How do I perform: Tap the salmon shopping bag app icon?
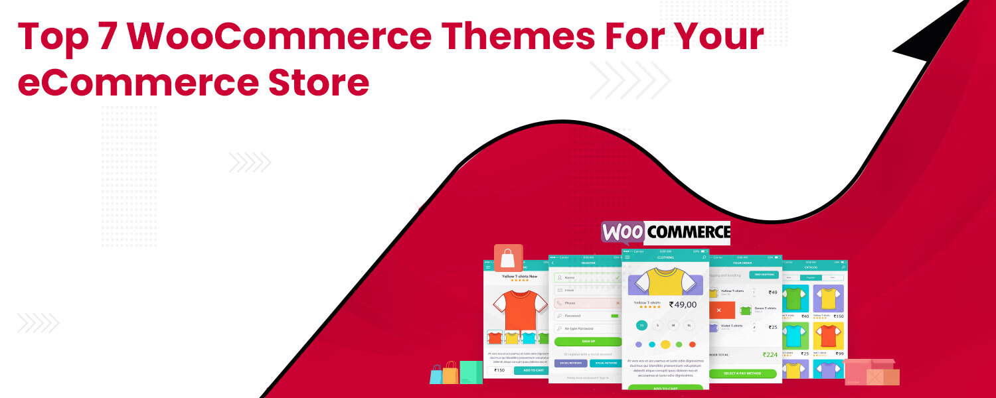509,258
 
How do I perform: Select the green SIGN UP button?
588,342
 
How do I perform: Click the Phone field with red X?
588,302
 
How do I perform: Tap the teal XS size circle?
641,325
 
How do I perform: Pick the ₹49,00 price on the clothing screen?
683,304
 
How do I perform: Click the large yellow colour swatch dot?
665,344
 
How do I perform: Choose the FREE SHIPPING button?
764,275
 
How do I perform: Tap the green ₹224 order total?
770,355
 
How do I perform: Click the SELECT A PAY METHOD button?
742,373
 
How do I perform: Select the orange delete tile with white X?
722,310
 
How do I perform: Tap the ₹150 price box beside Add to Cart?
500,370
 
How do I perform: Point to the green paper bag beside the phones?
471,372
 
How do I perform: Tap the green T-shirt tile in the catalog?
795,298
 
